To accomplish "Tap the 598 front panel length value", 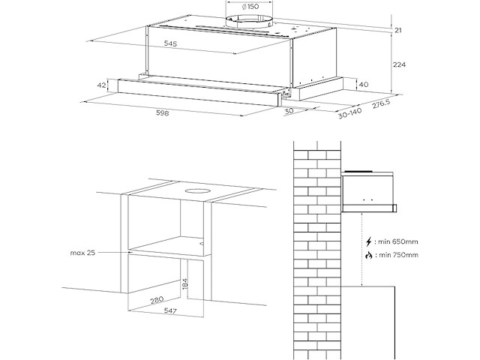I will (x=160, y=114).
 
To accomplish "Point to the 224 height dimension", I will (x=399, y=65).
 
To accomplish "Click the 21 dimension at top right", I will (x=397, y=30).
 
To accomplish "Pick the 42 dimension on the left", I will (x=101, y=85).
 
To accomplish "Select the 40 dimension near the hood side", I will (x=363, y=84).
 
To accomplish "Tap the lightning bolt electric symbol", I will (x=368, y=242).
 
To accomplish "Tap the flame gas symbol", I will (x=368, y=256).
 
